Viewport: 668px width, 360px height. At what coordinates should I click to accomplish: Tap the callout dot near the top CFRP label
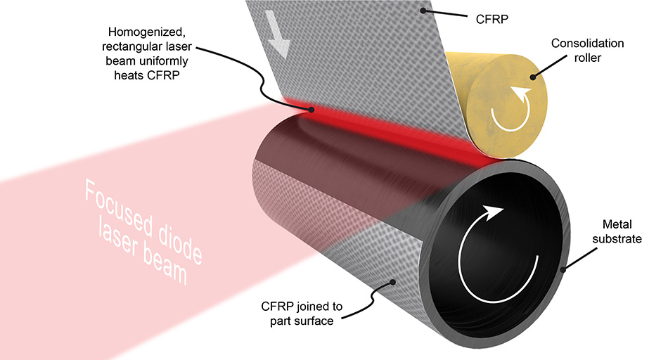click(423, 10)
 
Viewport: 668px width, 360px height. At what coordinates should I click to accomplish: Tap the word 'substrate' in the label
click(622, 240)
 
